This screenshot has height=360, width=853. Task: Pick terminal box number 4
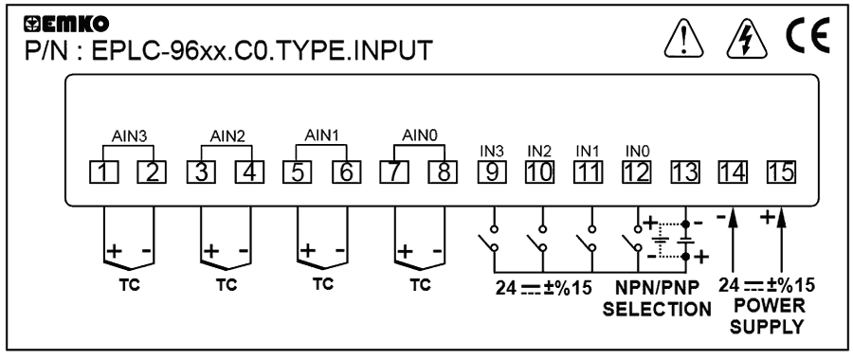click(247, 172)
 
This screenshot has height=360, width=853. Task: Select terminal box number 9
click(491, 172)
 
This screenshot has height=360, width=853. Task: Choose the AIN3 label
click(125, 135)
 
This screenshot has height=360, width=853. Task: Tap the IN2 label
click(539, 151)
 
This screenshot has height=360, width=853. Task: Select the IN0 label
click(637, 151)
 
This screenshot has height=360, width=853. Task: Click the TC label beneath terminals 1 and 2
click(127, 284)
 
